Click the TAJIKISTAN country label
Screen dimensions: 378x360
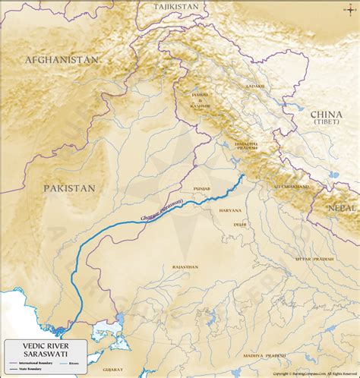pos(175,6)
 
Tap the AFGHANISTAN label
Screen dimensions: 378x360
pos(62,59)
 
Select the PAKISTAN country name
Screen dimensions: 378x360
pos(69,187)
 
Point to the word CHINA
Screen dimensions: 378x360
pos(327,112)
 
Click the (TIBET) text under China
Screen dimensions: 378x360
pos(327,121)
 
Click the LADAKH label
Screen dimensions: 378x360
pos(256,87)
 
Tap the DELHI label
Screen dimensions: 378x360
pos(240,225)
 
